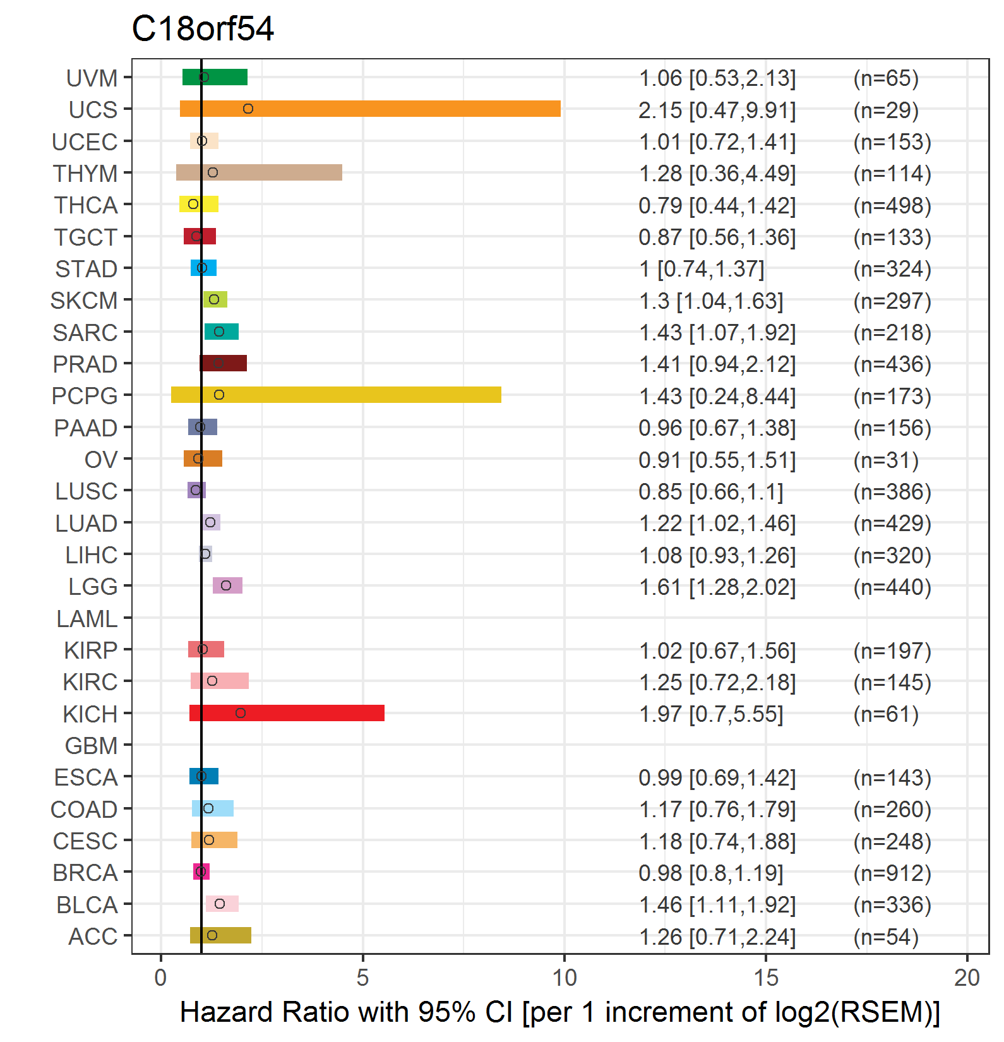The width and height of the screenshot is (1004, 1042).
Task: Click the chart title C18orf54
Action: pyautogui.click(x=203, y=29)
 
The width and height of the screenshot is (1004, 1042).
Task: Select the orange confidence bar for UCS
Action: pyautogui.click(x=370, y=109)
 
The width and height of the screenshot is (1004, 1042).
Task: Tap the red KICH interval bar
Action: pyautogui.click(x=287, y=713)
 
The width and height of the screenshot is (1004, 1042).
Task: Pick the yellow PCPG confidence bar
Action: pyautogui.click(x=336, y=395)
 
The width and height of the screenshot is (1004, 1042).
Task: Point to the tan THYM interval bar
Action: pyautogui.click(x=259, y=172)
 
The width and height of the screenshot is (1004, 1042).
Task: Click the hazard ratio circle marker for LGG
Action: pyautogui.click(x=226, y=585)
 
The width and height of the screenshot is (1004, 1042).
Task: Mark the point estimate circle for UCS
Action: pyautogui.click(x=248, y=109)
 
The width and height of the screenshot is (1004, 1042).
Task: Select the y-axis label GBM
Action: pyautogui.click(x=92, y=746)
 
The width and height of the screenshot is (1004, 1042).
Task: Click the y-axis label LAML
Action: pyautogui.click(x=87, y=619)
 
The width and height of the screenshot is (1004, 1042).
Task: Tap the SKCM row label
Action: pyautogui.click(x=84, y=301)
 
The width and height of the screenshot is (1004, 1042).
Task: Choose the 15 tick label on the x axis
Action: pyautogui.click(x=766, y=978)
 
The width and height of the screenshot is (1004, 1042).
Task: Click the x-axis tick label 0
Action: pyautogui.click(x=161, y=978)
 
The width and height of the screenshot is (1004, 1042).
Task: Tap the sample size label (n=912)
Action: pyautogui.click(x=892, y=873)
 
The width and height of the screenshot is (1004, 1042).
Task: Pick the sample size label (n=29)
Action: pyautogui.click(x=886, y=110)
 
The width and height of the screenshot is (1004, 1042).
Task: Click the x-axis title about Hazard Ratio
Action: pyautogui.click(x=560, y=1012)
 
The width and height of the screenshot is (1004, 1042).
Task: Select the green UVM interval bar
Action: pyautogui.click(x=215, y=77)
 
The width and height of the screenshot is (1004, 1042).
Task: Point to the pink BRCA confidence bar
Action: pyautogui.click(x=201, y=871)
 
